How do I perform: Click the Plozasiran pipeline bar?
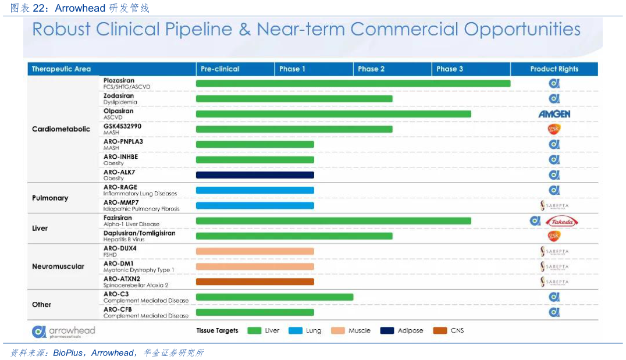353,84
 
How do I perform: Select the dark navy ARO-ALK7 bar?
255,175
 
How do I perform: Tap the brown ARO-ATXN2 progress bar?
255,281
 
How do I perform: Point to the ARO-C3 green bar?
275,297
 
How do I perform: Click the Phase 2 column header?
371,69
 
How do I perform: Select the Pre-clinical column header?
220,69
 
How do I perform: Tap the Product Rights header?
554,69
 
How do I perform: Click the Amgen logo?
554,114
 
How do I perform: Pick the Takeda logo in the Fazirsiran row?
562,221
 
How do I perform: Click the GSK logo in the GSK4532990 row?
554,129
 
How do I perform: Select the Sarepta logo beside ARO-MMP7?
554,205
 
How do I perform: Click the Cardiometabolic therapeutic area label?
61,129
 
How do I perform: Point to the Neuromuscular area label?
58,266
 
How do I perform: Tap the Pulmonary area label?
50,198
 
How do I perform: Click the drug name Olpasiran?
119,111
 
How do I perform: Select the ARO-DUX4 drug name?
120,248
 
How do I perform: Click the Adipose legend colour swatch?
387,330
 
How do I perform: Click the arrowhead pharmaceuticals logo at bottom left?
63,332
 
